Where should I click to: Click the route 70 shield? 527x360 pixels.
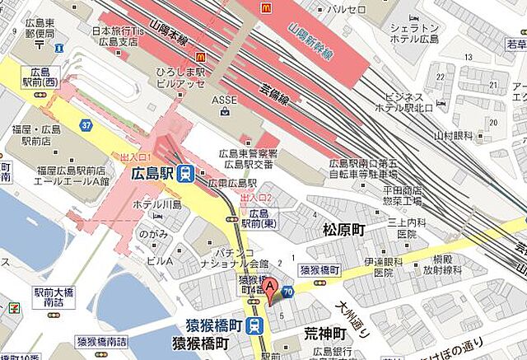pos(287,291)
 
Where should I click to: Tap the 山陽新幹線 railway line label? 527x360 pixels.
pos(310,42)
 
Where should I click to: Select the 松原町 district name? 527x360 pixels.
pos(343,229)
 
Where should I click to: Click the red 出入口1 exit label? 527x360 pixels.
pos(137,157)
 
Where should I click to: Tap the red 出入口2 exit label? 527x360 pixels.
pos(255,198)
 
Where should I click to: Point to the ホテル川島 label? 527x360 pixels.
pos(157,204)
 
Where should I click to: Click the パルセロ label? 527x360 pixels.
pos(347,9)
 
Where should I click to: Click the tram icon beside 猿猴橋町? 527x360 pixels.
pos(256,325)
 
